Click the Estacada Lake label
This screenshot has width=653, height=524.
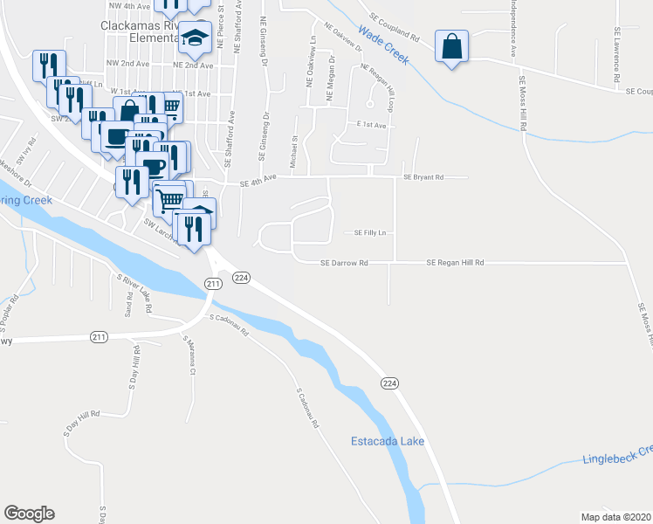point(388,441)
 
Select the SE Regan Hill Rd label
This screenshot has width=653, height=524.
point(455,262)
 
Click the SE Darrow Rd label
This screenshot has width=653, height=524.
point(344,262)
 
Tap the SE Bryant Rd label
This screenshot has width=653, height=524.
point(423,176)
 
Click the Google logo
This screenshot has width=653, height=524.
point(29,514)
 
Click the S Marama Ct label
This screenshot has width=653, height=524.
point(189,355)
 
